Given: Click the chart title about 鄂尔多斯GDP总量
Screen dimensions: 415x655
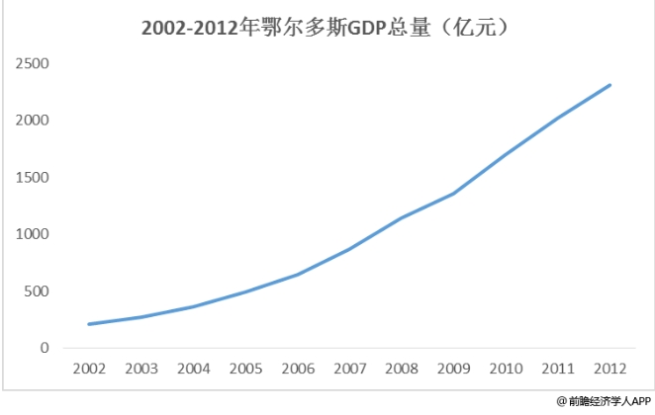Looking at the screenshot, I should [327, 29].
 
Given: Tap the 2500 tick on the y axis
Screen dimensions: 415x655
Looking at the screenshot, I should [34, 64].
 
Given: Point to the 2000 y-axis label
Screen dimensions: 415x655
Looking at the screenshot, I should [34, 121].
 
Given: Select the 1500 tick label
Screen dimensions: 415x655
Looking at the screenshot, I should [34, 178].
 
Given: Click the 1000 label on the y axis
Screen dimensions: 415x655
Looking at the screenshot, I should [34, 234].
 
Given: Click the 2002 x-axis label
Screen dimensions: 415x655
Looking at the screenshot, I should [89, 370].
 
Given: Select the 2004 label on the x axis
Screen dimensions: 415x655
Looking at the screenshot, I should [193, 370].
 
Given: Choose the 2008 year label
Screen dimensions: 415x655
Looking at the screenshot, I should [401, 370].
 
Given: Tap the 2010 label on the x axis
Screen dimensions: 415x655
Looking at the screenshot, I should [506, 370].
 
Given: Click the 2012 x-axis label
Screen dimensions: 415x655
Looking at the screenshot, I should [609, 370].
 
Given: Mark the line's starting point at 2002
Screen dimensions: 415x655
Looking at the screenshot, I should [89, 324].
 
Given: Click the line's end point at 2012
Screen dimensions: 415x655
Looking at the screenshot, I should [609, 85].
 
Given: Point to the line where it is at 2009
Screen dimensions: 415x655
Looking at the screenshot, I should [453, 193].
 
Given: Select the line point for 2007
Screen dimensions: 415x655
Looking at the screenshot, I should [349, 249].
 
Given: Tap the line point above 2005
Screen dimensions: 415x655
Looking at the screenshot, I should [245, 291].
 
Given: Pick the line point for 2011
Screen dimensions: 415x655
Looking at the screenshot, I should [557, 118].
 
